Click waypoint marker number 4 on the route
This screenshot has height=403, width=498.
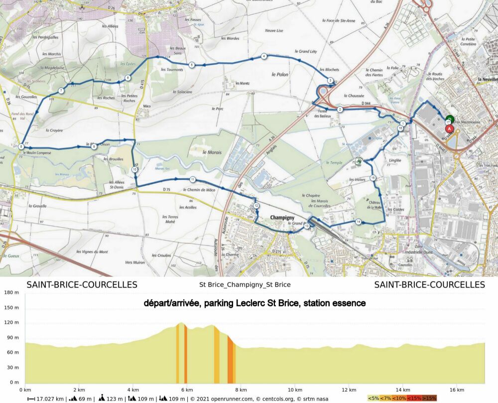pyautogui.click(x=263, y=56)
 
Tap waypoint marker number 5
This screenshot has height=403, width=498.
pyautogui.click(x=192, y=65)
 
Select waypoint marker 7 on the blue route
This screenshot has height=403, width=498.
pyautogui.click(x=61, y=91)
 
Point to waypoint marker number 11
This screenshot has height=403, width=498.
pyautogui.click(x=192, y=179)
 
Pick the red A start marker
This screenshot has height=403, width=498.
pyautogui.click(x=450, y=129)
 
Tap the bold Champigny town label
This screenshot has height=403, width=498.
pyautogui.click(x=282, y=218)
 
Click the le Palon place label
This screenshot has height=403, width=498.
pyautogui.click(x=280, y=74)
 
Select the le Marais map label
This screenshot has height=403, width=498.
pyautogui.click(x=212, y=151)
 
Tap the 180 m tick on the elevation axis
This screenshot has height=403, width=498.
pyautogui.click(x=11, y=292)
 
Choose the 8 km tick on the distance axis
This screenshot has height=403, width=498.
pyautogui.click(x=241, y=390)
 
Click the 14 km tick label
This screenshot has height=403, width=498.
pyautogui.click(x=403, y=390)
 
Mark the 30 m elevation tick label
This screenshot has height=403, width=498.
pyautogui.click(x=13, y=367)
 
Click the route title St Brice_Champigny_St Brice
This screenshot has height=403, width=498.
pyautogui.click(x=245, y=285)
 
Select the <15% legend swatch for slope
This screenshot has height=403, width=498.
pyautogui.click(x=415, y=398)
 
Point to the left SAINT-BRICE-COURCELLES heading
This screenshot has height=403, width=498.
pyautogui.click(x=82, y=285)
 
